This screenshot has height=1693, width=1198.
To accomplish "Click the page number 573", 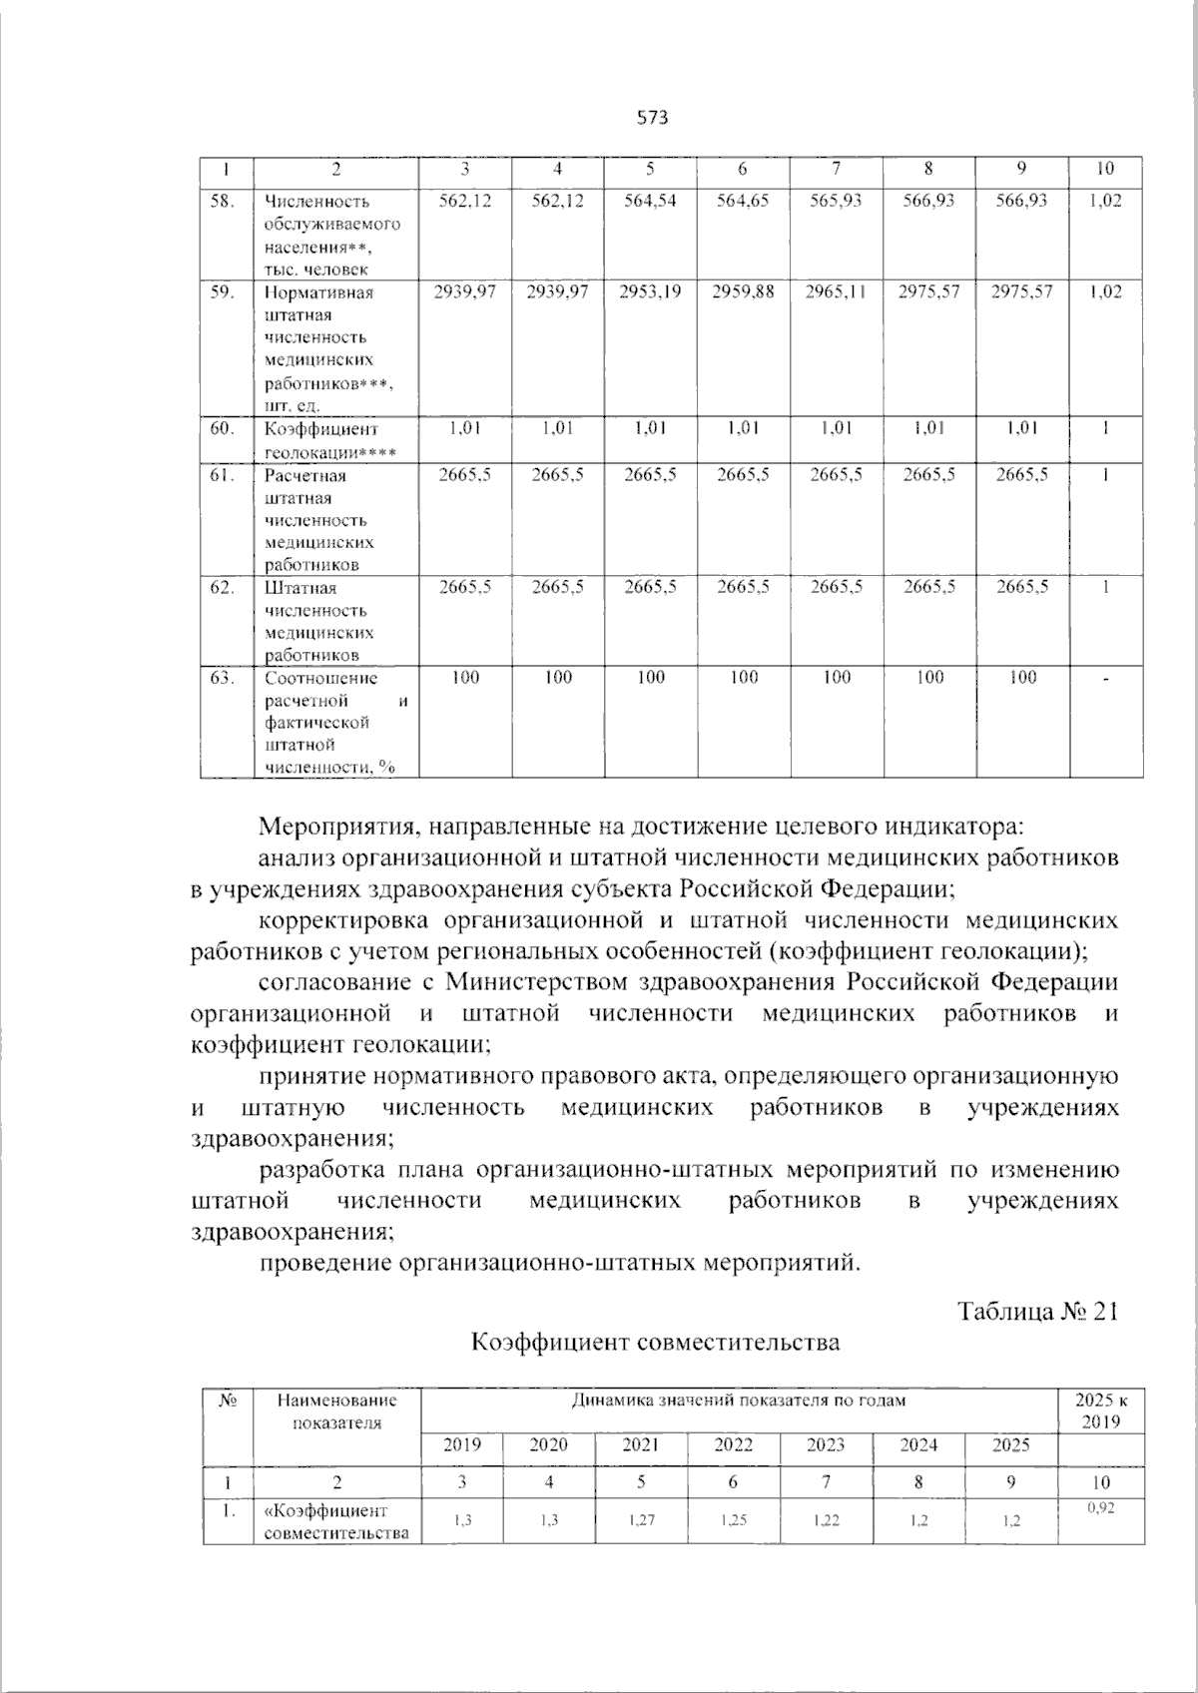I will (x=651, y=118).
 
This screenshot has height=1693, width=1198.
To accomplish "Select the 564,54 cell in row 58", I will (x=651, y=201).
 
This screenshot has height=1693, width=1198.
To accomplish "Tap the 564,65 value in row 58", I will (x=743, y=201).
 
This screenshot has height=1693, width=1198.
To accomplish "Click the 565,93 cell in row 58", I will (x=837, y=201).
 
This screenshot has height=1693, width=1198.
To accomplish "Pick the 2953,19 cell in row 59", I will (x=651, y=291).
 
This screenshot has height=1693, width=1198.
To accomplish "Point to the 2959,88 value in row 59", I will (x=743, y=291).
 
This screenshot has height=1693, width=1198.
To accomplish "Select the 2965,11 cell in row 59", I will (x=837, y=291).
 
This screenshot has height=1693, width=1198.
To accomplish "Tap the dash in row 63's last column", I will (x=1105, y=679).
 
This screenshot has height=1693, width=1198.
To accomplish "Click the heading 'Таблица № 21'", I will (x=1037, y=1311).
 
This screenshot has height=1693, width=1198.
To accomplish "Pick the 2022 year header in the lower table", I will (x=733, y=1444).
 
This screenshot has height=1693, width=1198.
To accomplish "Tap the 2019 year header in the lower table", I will (x=461, y=1444).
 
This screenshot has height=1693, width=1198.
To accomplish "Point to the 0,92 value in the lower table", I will (x=1100, y=1509).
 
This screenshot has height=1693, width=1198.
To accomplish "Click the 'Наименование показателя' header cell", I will (x=336, y=1411).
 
